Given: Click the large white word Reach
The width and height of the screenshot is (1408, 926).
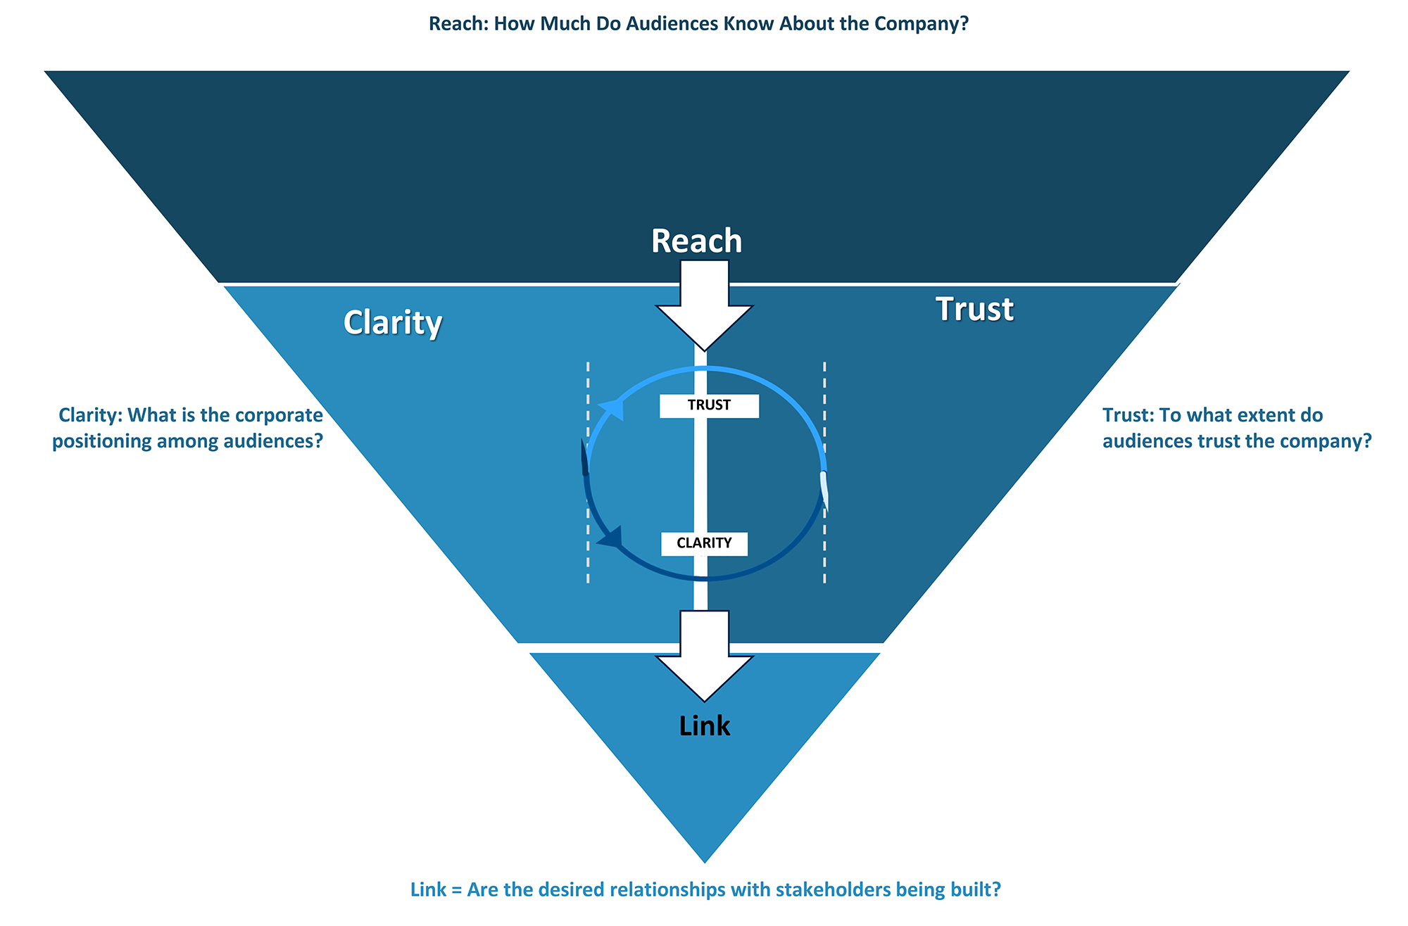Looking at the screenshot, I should (x=696, y=241).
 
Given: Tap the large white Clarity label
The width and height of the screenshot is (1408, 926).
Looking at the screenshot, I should (x=393, y=323).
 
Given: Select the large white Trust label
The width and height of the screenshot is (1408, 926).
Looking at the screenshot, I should (x=974, y=310).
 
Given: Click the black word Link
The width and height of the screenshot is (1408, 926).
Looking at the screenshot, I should (x=705, y=726).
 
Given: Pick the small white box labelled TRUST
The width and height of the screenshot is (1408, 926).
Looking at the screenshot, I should (x=709, y=406).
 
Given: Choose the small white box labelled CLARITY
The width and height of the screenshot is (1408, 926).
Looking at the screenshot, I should (x=704, y=543).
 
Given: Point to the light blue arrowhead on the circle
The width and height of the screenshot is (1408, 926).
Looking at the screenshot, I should (x=612, y=409).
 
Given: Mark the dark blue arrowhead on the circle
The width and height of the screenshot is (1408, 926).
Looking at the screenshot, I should (x=610, y=538).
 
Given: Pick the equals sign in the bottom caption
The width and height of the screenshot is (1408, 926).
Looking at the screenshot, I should (x=456, y=890).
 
